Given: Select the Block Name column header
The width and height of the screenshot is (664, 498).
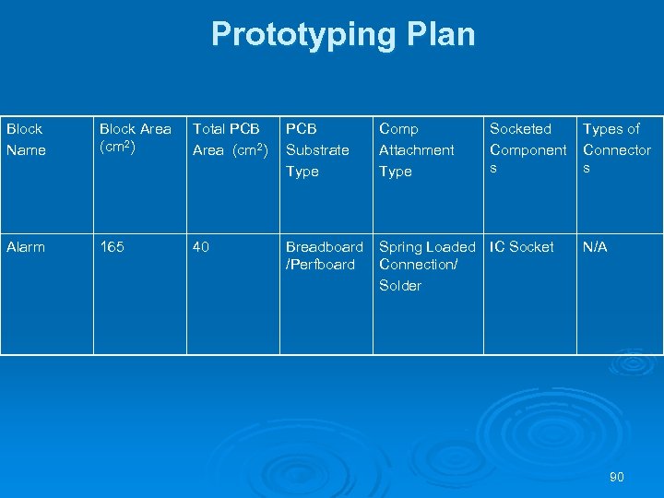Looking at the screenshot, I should pyautogui.click(x=26, y=139).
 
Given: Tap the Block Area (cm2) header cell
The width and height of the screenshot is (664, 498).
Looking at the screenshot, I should pyautogui.click(x=136, y=138).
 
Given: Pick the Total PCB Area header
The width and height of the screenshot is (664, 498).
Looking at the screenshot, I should pyautogui.click(x=230, y=139).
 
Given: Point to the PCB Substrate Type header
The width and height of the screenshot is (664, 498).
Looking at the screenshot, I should pyautogui.click(x=317, y=149).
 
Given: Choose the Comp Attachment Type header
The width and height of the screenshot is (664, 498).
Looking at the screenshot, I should pyautogui.click(x=417, y=149).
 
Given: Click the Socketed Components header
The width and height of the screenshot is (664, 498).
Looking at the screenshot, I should pyautogui.click(x=528, y=148).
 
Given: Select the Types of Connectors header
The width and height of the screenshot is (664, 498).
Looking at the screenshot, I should pyautogui.click(x=617, y=148).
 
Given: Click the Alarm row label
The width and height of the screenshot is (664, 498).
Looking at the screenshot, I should pyautogui.click(x=26, y=247).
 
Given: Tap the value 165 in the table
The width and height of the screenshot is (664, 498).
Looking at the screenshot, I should pyautogui.click(x=113, y=247).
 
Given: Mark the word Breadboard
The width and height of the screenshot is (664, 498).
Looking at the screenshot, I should pyautogui.click(x=325, y=247).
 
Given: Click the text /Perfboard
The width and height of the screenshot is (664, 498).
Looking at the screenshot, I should pyautogui.click(x=320, y=265).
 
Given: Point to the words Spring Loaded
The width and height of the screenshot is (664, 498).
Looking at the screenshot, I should pyautogui.click(x=427, y=247).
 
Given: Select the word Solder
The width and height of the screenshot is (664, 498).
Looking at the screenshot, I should pyautogui.click(x=400, y=286).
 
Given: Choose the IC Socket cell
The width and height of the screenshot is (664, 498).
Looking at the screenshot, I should pyautogui.click(x=521, y=247).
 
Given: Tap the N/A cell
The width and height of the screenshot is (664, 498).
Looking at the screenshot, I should pyautogui.click(x=595, y=247).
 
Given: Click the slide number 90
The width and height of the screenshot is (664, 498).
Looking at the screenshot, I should pyautogui.click(x=617, y=477).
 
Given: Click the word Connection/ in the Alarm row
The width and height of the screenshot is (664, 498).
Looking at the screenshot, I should pyautogui.click(x=418, y=265).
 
